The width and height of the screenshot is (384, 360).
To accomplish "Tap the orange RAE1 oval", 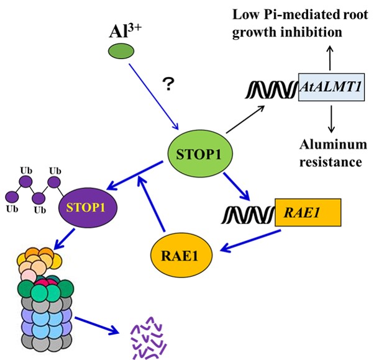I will click(180, 253).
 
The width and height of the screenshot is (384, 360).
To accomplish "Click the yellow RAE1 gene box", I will click(307, 214).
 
